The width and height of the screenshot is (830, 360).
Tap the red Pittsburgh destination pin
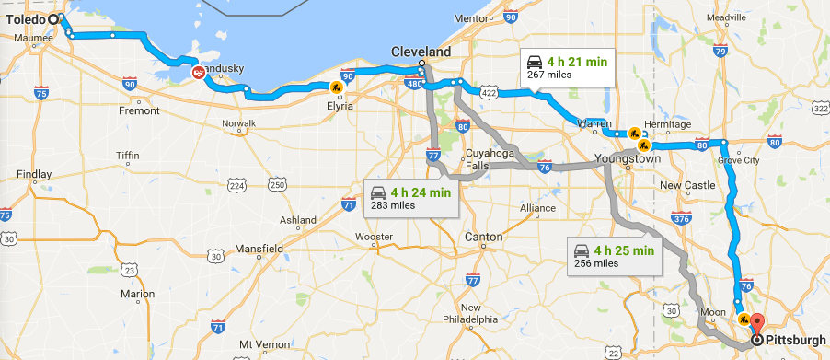pyautogui.click(x=757, y=324)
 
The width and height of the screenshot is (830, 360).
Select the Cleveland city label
pyautogui.click(x=421, y=52)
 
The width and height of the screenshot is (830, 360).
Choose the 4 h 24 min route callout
pyautogui.click(x=410, y=197)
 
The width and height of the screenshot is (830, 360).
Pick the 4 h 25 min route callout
pyautogui.click(x=614, y=255)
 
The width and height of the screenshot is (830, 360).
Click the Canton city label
pyautogui.click(x=484, y=237)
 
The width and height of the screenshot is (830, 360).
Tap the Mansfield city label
pyautogui.click(x=259, y=249)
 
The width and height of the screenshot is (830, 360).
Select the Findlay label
pyautogui.click(x=34, y=174)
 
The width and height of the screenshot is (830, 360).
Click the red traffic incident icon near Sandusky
pyautogui.click(x=198, y=73)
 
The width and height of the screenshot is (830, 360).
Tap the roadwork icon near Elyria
pyautogui.click(x=337, y=87)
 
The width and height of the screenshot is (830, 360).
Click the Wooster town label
pyautogui.click(x=374, y=237)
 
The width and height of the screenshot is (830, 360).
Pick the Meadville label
pyautogui.click(x=727, y=17)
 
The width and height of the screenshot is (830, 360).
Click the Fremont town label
pyautogui.click(x=140, y=110)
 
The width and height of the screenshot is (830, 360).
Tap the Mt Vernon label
pyautogui.click(x=259, y=343)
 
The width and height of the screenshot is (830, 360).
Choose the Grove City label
pyautogui.click(x=739, y=160)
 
